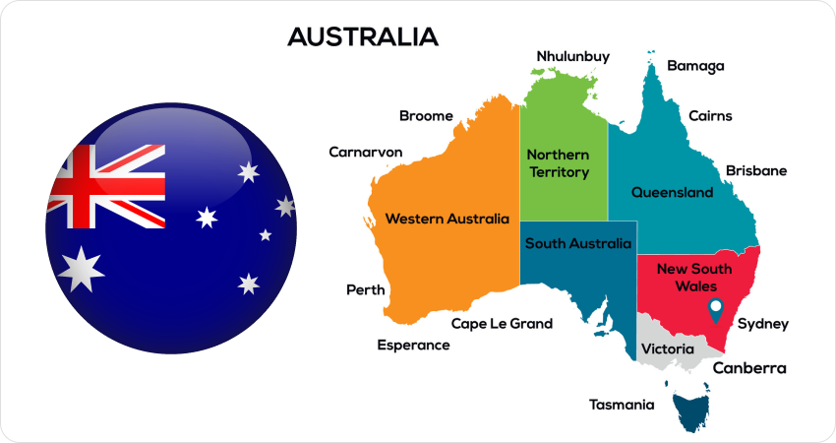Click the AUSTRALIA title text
(362, 37)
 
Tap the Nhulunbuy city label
(579, 56)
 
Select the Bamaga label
(695, 67)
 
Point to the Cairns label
(710, 116)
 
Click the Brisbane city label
(756, 171)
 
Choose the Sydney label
(762, 324)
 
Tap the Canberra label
(749, 369)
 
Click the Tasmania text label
(621, 405)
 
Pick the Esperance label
(413, 346)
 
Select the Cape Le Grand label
(502, 324)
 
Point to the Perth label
(365, 290)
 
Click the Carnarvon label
(365, 153)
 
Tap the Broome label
(426, 116)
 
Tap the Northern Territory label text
(558, 164)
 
